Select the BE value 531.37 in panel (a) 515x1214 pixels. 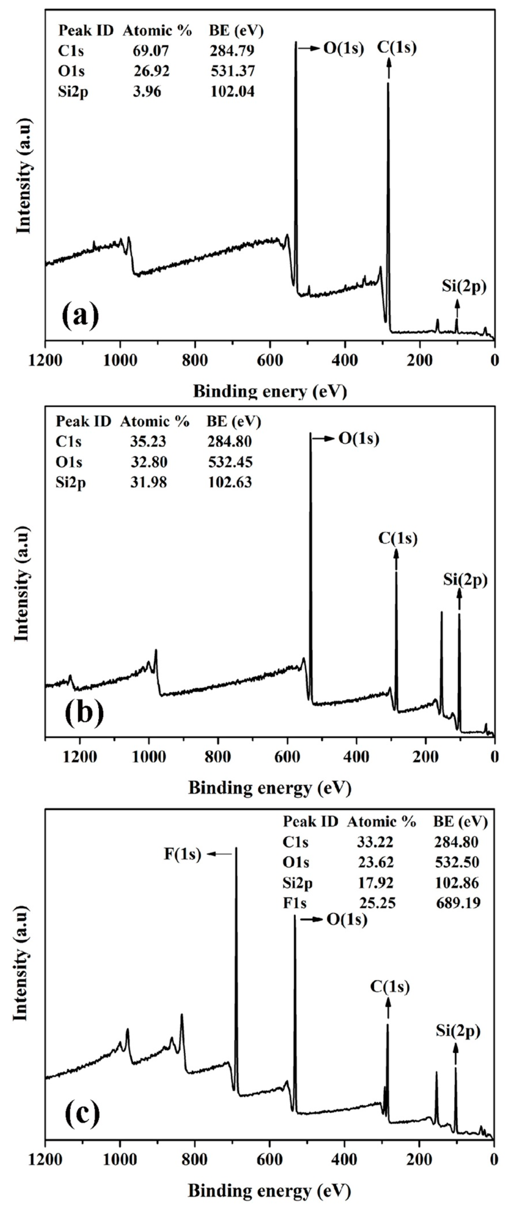(x=232, y=71)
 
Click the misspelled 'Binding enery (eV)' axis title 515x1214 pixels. (x=269, y=392)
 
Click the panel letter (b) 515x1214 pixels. (x=84, y=714)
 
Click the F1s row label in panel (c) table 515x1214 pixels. (x=295, y=903)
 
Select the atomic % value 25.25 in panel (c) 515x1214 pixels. (x=377, y=903)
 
